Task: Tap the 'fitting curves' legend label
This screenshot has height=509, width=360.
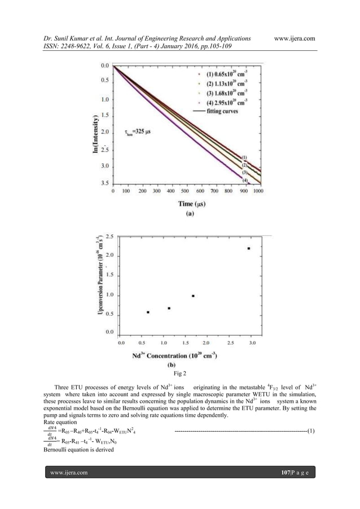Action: tap(223, 112)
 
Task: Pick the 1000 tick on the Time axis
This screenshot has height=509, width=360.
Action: tap(258, 191)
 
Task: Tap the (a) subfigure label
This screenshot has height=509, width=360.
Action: tap(187, 214)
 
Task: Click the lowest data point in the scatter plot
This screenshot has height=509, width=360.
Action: tap(148, 312)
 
